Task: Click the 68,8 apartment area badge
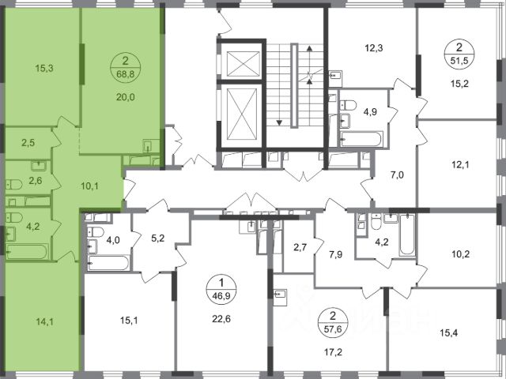[x=125, y=67]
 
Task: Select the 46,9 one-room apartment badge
[x=221, y=290]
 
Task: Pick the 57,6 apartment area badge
[x=333, y=322]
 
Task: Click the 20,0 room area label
[x=126, y=97]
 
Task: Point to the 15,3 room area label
[x=44, y=69]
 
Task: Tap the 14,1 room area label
[x=44, y=321]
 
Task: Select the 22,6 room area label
[x=221, y=319]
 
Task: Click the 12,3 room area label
[x=374, y=49]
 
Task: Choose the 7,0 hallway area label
[x=397, y=175]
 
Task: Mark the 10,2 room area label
[x=460, y=254]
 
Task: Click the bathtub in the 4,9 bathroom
[x=362, y=139]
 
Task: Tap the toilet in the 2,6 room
[x=13, y=185]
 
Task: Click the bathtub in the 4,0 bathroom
[x=108, y=263]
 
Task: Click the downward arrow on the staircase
[x=279, y=123]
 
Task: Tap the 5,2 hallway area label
[x=158, y=238]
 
